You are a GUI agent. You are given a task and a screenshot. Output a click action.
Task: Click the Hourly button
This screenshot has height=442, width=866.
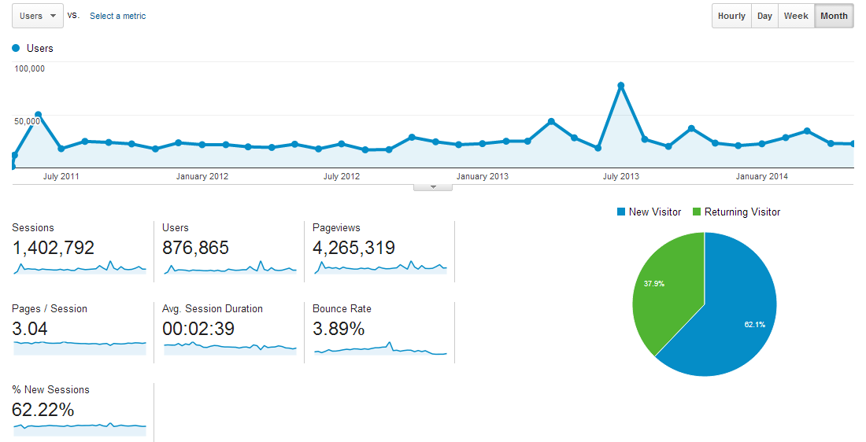click(731, 16)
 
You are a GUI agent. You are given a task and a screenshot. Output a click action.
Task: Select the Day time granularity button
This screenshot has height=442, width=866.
click(764, 16)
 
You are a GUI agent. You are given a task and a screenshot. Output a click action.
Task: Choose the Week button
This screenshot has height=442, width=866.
click(796, 16)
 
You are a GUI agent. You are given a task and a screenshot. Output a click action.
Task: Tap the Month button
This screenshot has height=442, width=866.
click(834, 16)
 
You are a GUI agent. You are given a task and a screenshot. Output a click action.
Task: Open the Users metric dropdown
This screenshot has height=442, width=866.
click(38, 16)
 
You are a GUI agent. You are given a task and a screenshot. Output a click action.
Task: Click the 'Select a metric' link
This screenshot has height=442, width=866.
click(117, 16)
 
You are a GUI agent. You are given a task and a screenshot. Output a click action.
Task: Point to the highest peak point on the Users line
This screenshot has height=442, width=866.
click(621, 85)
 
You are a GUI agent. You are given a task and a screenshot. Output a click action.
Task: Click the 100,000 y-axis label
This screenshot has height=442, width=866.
click(30, 68)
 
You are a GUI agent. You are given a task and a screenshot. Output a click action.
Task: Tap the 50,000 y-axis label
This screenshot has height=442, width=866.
click(28, 120)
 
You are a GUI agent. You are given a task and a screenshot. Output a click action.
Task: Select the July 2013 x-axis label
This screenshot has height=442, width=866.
click(621, 176)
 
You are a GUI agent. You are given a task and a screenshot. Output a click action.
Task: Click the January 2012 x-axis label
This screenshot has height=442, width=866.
click(202, 176)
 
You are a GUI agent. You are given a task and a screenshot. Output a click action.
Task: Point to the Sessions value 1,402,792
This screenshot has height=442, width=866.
click(54, 249)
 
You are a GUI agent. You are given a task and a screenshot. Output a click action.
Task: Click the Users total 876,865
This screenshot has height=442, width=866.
click(195, 249)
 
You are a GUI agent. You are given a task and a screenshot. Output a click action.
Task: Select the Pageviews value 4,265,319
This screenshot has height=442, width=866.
click(353, 249)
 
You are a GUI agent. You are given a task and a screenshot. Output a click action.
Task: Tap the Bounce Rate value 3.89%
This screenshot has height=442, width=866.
click(339, 330)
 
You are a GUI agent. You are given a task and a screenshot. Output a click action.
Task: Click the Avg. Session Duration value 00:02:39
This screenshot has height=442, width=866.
click(198, 330)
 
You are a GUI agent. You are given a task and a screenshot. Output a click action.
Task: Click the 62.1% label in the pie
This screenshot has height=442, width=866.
click(753, 324)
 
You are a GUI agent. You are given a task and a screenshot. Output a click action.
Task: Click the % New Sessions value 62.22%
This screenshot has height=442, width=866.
click(43, 411)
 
